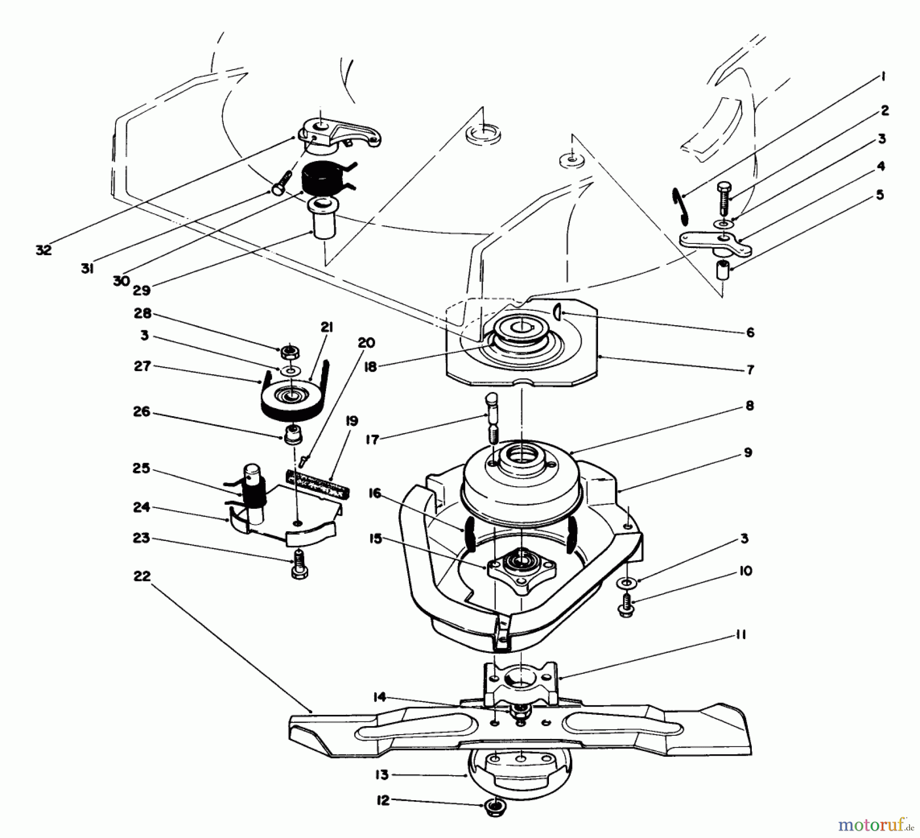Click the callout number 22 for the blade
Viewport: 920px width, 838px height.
[142, 576]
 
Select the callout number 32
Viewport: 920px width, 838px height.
[43, 250]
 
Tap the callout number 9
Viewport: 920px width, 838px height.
[747, 452]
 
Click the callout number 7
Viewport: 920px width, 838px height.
[749, 370]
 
